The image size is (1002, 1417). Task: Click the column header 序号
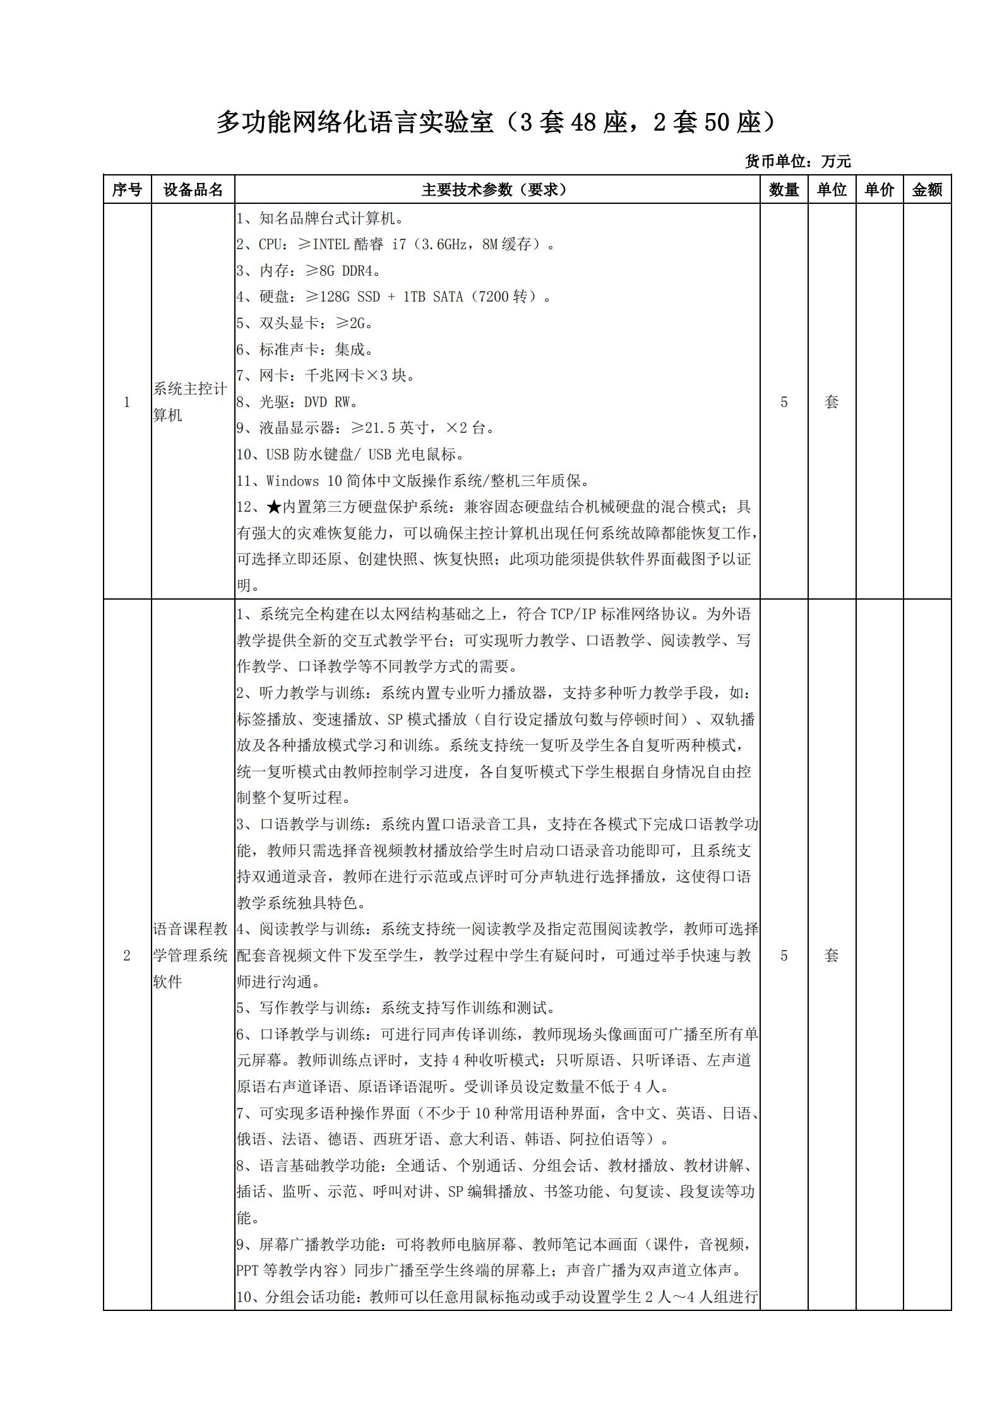pos(127,189)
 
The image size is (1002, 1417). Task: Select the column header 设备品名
pos(193,189)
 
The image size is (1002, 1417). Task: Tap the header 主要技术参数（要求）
pos(496,189)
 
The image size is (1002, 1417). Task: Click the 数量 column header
pos(784,189)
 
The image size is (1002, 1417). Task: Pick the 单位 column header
pos(832,189)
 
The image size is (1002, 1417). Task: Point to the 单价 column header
pos(880,189)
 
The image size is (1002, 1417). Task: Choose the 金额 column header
pos(927,189)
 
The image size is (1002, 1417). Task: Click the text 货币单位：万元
pos(797,162)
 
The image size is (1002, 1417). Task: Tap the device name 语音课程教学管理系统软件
pos(190,955)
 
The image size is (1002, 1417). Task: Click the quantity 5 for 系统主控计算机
pos(784,402)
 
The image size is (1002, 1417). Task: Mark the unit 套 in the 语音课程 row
pos(832,956)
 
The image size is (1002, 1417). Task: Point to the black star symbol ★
pos(273,507)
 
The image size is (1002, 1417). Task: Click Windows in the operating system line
pos(293,481)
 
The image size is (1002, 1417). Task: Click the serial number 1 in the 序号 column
pos(127,402)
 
